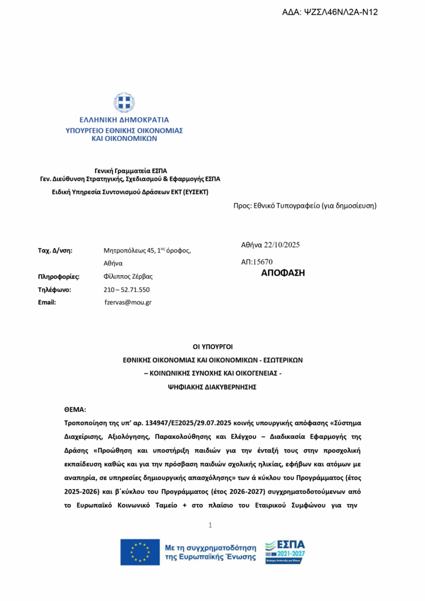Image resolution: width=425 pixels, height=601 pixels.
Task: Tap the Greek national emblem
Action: coord(124,103)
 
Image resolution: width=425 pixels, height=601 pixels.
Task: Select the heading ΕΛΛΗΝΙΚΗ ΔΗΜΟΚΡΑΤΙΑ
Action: coord(124,120)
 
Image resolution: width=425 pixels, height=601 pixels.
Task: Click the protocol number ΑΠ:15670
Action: coord(257,262)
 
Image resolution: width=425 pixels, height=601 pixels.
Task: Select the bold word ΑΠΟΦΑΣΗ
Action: coord(283,273)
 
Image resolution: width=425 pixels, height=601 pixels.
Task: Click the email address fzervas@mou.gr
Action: coord(128,302)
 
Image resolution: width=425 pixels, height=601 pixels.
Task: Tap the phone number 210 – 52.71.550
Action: coord(127,289)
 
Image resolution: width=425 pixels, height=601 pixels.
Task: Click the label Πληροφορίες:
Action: coord(59,276)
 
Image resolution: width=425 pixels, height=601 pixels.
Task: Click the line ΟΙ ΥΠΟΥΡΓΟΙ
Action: coord(213,346)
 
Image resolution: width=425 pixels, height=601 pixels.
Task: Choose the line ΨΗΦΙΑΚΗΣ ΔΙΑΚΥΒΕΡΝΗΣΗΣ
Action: coord(213,387)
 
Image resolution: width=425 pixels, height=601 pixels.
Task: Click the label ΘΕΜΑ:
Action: coord(75,409)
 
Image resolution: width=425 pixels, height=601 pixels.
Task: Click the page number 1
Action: coord(210,525)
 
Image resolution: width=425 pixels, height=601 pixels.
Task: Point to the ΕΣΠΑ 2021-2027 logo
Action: coord(285,552)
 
